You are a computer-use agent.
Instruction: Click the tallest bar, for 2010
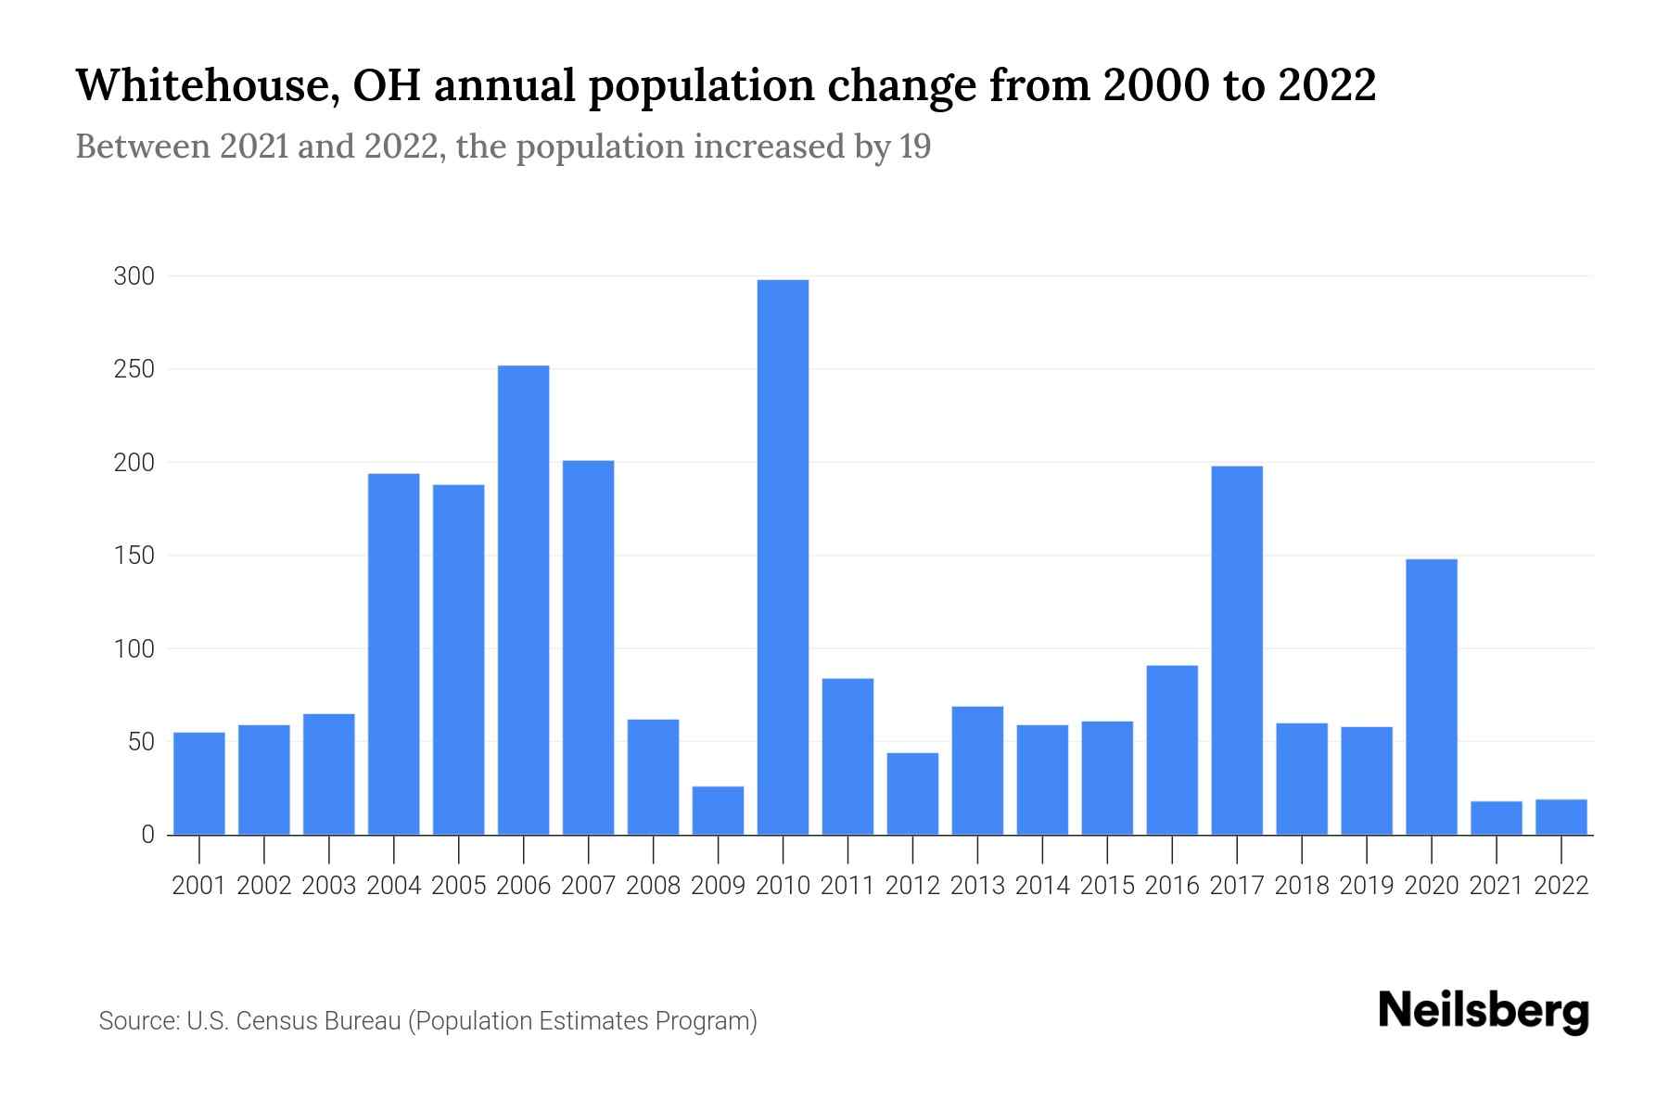click(783, 556)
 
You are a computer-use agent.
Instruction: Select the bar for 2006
click(523, 600)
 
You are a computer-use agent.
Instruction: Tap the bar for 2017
click(1237, 649)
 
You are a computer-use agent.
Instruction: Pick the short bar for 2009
click(718, 811)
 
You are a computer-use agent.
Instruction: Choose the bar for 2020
click(1432, 697)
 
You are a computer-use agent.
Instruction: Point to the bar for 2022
click(1561, 817)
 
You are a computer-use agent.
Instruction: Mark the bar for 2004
click(393, 654)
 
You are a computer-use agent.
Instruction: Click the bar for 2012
click(912, 794)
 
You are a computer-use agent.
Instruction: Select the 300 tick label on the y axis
click(134, 276)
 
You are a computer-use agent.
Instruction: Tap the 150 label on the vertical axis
click(134, 556)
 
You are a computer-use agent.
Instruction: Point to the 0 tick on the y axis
click(147, 835)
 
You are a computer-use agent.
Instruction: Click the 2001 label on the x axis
click(199, 886)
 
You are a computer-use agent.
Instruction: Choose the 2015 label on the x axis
click(1107, 886)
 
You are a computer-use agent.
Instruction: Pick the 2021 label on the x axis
click(1497, 886)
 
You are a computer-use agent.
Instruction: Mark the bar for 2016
click(1172, 750)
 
